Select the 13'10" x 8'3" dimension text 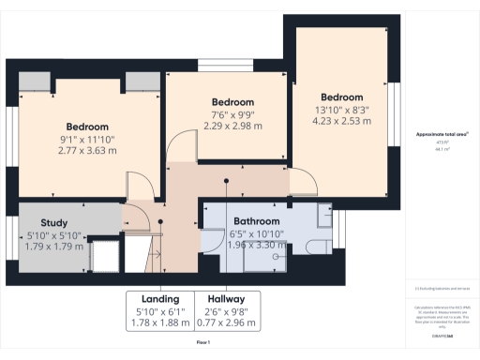click(341, 109)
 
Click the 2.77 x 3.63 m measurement click(86, 150)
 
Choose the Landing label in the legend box click(160, 300)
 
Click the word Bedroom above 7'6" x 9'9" click(232, 102)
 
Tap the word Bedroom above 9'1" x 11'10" click(86, 127)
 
